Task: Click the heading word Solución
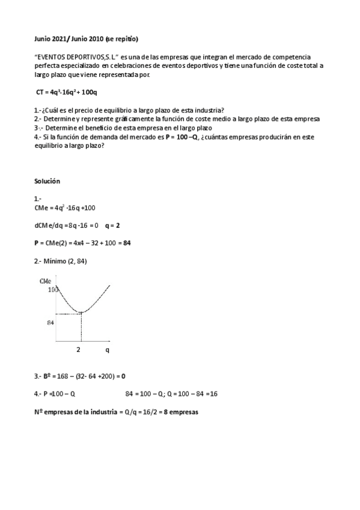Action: [47, 181]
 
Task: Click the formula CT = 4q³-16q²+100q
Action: [66, 91]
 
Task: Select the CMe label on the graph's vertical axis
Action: [45, 281]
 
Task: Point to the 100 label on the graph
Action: [53, 289]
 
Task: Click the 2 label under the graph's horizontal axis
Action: [78, 349]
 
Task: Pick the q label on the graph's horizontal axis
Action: [108, 349]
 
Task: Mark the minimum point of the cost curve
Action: [81, 312]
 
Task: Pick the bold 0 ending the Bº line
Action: [123, 376]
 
